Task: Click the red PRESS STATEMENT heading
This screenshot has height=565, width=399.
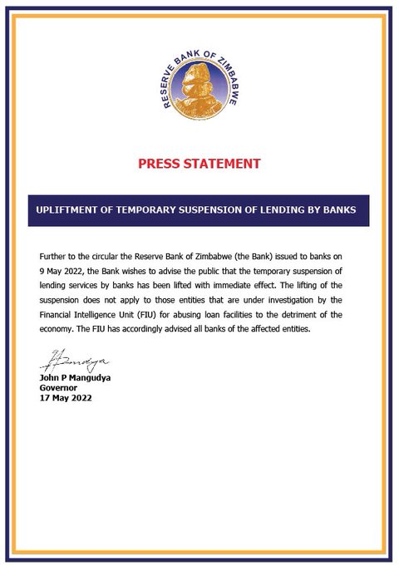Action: coord(199,164)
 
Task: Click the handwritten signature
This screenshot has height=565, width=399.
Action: coord(74,363)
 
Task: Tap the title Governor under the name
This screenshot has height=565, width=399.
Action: coord(58,387)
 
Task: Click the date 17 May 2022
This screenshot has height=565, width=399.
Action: coord(66,397)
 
